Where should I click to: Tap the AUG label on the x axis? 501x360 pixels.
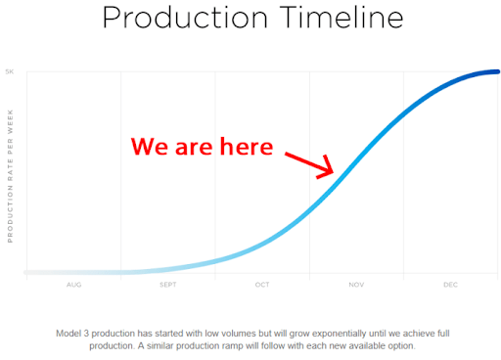pos(73,285)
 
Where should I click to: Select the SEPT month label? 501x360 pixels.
pos(167,285)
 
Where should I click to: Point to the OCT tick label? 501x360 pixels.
pos(261,285)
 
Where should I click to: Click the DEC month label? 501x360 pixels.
pos(449,285)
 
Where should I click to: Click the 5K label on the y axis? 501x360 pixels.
pos(10,71)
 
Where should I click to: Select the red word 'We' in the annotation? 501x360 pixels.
pos(150,147)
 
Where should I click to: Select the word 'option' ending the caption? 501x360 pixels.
pos(401,345)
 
